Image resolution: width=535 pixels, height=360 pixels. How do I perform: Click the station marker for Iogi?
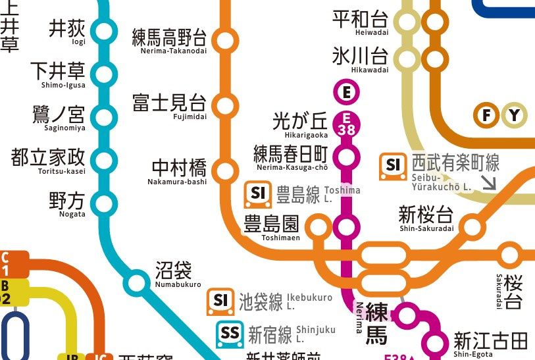point(103,31)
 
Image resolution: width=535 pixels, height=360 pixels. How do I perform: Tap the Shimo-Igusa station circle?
point(103,73)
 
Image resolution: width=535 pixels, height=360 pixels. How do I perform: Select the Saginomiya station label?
point(59,117)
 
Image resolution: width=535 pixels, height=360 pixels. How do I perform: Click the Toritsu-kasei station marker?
point(103,159)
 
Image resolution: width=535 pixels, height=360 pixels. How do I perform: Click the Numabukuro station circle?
point(138,282)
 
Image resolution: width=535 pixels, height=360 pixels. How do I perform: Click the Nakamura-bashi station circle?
point(226,170)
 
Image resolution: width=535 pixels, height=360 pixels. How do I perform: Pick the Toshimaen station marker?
point(318,227)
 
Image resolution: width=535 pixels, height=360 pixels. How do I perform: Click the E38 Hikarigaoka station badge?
point(347,124)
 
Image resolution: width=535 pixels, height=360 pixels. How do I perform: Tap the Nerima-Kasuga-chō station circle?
point(347,157)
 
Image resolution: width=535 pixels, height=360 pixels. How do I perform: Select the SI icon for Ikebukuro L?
point(221,301)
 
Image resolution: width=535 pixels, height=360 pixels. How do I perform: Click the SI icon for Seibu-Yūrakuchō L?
point(394,166)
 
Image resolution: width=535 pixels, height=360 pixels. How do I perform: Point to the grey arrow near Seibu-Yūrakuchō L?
point(489,182)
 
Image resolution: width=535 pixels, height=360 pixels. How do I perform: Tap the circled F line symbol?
point(487,116)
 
